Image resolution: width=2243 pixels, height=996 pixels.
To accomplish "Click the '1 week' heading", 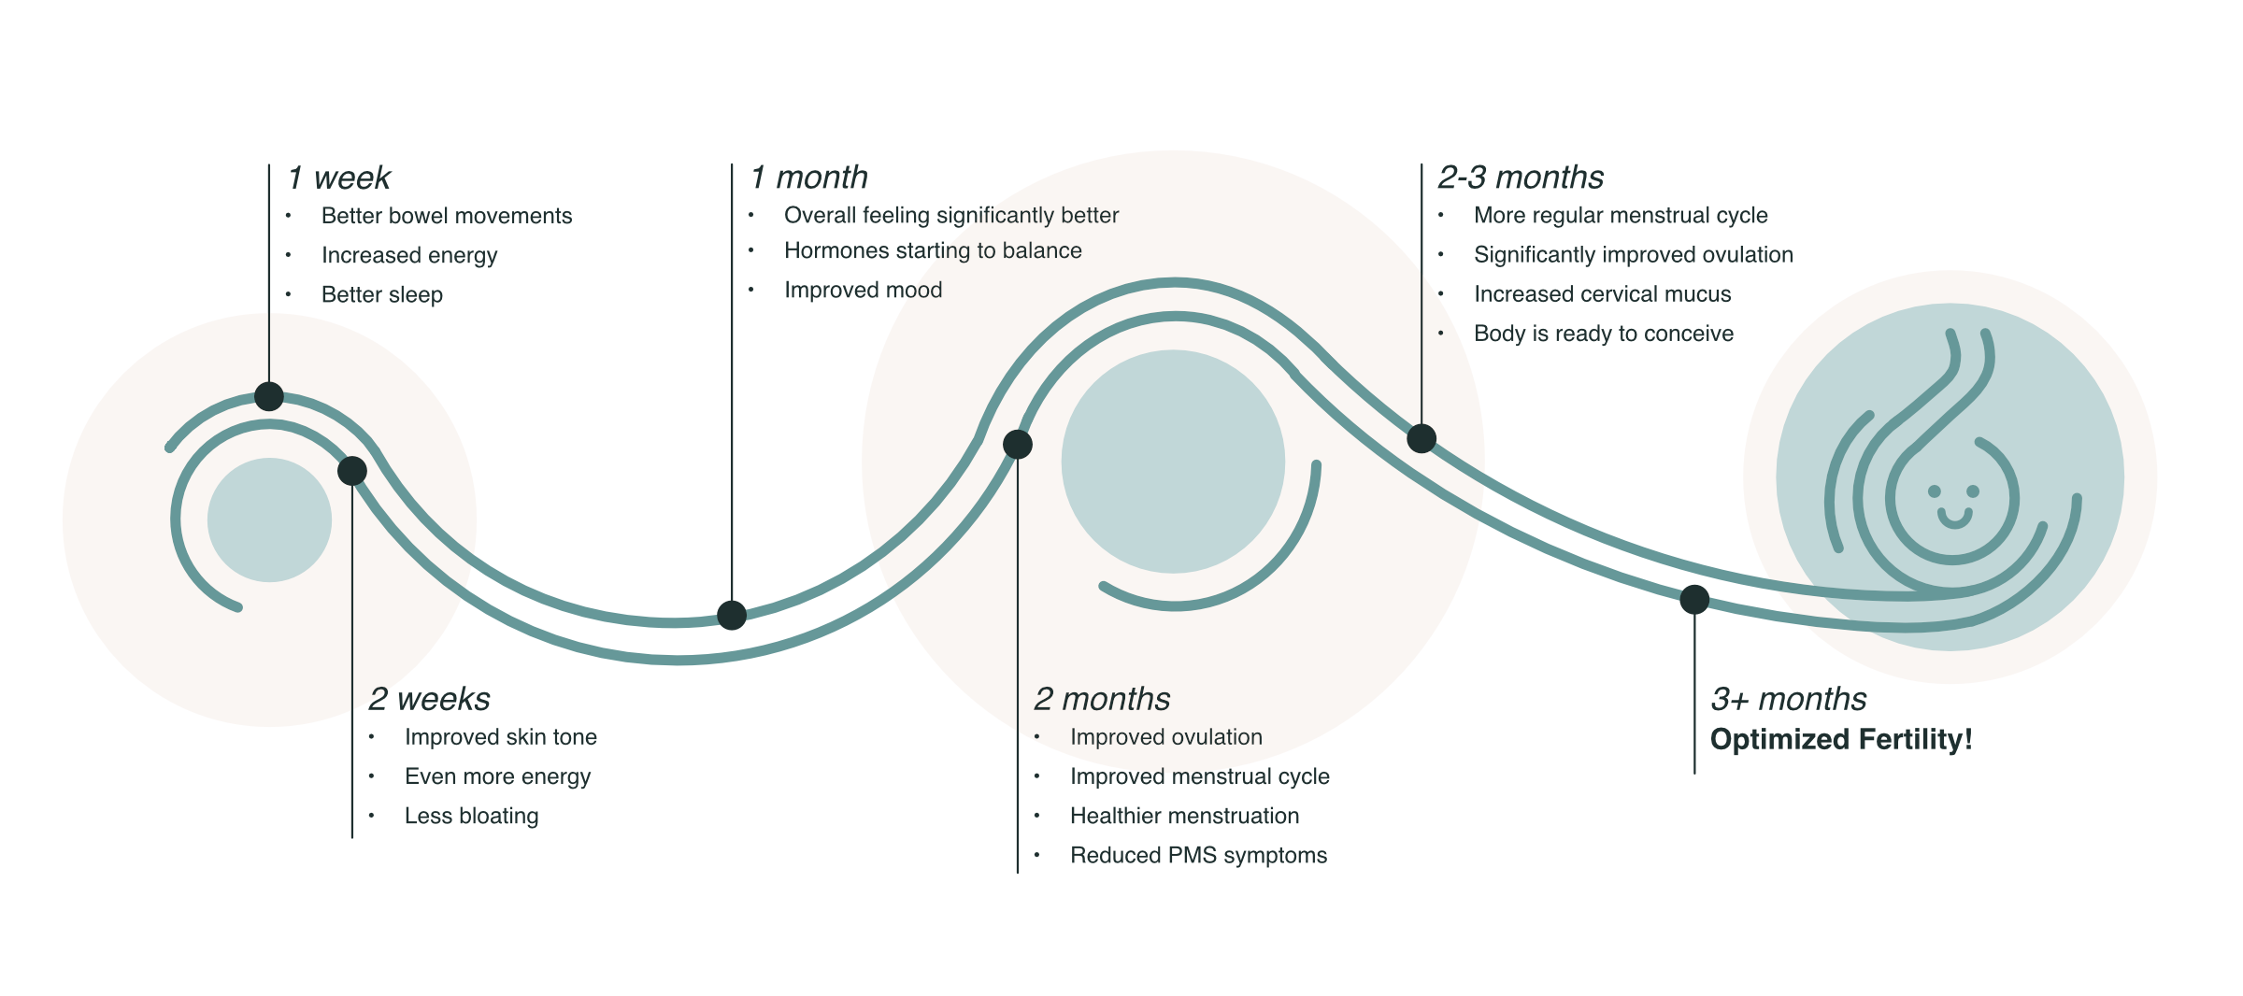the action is (339, 178).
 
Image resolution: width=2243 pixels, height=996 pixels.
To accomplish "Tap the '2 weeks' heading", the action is (429, 699).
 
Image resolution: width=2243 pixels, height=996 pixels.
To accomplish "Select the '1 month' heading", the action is (809, 177).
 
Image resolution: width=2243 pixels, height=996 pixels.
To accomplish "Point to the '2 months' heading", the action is (1102, 699).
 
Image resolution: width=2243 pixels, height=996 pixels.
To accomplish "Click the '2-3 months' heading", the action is (1521, 177).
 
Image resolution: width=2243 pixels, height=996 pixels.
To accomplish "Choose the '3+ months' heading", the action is (1789, 699).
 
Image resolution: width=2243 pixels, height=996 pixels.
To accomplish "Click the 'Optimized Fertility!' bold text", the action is (1841, 739).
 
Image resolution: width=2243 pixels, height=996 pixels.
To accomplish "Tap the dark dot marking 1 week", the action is (269, 396).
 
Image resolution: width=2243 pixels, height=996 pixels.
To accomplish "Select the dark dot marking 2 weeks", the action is (352, 471).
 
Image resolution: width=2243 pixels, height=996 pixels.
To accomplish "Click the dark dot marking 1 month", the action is (732, 615).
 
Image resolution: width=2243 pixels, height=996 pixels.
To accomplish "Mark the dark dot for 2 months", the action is (1018, 444).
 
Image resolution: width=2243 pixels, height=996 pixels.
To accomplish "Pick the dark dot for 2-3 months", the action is (1422, 438).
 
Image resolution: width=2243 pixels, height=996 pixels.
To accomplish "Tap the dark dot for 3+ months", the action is (1694, 599).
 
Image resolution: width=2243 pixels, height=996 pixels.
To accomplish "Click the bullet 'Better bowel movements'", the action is (447, 216).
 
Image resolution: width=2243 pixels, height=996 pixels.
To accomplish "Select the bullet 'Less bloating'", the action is (472, 816).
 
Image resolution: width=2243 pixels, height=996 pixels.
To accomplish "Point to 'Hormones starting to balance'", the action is (933, 250).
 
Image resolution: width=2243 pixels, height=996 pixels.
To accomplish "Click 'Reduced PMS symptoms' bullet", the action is (1198, 855).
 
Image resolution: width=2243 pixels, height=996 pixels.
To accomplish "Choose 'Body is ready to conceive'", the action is (1604, 334).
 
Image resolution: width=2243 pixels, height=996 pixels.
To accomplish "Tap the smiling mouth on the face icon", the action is (1954, 518).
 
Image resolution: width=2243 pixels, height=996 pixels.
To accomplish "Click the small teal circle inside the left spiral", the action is (269, 519).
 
